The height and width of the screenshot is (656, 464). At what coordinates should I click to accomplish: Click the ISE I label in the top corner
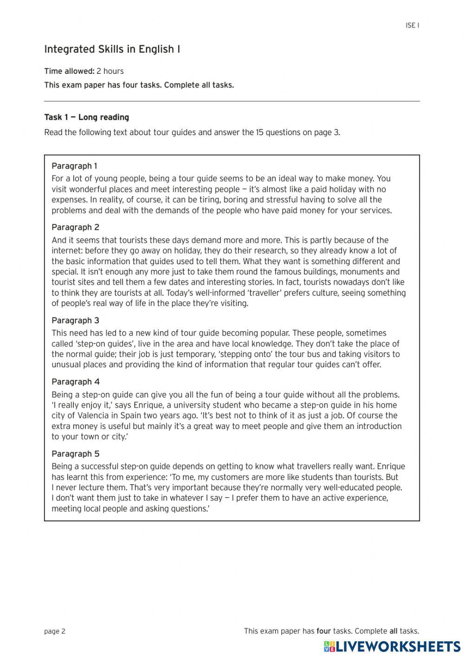click(412, 26)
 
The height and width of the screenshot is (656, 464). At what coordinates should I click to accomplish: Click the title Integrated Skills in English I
click(112, 49)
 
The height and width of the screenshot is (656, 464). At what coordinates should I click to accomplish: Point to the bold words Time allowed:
click(69, 71)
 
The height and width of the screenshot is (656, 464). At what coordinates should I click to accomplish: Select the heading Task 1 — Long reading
click(86, 117)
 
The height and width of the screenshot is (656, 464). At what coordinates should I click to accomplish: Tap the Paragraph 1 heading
click(74, 166)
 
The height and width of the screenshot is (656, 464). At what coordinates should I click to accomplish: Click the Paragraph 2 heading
click(75, 227)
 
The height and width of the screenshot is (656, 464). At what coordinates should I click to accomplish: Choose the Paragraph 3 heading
click(75, 320)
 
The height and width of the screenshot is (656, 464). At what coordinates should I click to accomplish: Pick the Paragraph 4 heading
click(75, 382)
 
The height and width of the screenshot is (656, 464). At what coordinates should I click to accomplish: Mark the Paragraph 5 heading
click(75, 454)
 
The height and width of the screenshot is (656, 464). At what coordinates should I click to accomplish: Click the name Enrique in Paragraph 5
click(391, 467)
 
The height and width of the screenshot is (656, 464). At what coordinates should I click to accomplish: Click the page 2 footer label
click(55, 631)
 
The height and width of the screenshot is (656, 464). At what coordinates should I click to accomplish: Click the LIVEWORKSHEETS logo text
click(398, 646)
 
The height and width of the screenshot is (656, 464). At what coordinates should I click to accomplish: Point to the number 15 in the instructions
click(260, 132)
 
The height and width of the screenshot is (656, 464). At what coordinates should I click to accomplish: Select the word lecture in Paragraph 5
click(88, 487)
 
